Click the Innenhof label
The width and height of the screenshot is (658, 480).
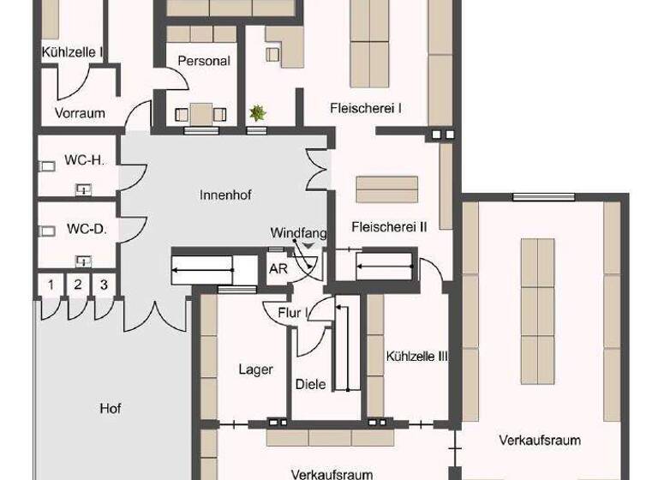pos(224,195)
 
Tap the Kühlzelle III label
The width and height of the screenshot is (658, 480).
pos(417,356)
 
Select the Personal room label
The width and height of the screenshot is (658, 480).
pos(203,61)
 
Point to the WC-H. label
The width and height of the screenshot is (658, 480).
pos(84,160)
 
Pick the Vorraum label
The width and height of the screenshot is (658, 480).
pos(80,112)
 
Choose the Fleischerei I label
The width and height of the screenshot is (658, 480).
pos(366,108)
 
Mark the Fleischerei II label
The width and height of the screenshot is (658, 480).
pos(389,226)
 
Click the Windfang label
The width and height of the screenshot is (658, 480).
pos(294,232)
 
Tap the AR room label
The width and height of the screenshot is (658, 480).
pos(278,267)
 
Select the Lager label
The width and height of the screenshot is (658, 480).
pos(255,369)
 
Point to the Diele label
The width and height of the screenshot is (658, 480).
pos(309,384)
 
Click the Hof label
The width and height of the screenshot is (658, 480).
pos(110,408)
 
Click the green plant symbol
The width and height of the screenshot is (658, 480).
pos(256,112)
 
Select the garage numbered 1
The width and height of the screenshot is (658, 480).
pos(51,285)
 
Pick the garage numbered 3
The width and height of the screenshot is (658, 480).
pos(104,285)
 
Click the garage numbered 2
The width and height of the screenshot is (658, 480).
pos(77,285)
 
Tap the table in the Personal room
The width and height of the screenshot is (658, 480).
pos(202,112)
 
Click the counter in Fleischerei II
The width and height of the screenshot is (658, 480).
pos(387,189)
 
